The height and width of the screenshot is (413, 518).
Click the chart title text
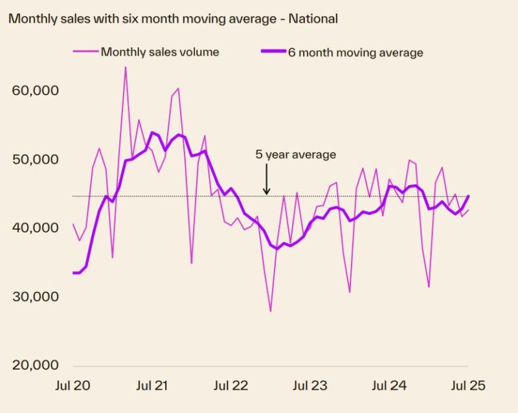click(173, 19)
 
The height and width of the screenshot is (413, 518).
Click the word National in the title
click(313, 19)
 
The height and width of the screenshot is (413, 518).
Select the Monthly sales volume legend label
click(160, 52)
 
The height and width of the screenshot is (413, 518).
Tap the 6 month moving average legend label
click(355, 52)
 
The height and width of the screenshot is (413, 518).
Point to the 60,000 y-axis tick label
click(36, 90)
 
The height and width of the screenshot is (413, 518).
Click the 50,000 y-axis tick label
click(36, 159)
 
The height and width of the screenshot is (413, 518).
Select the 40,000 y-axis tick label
click(36, 228)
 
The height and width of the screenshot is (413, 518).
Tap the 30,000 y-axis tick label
click(36, 296)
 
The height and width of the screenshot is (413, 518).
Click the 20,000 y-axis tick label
click(36, 365)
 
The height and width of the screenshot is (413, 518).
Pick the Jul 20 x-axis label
click(73, 386)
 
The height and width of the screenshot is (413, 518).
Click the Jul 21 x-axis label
click(152, 386)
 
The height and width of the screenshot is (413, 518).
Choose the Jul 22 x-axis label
click(231, 386)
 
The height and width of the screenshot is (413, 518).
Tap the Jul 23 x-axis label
click(310, 386)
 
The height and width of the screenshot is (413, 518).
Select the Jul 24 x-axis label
click(390, 386)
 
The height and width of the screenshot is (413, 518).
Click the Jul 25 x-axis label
click(467, 386)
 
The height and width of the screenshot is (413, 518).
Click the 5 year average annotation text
click(296, 155)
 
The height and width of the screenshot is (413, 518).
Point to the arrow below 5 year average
click(266, 179)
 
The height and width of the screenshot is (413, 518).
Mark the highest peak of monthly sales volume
click(125, 68)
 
